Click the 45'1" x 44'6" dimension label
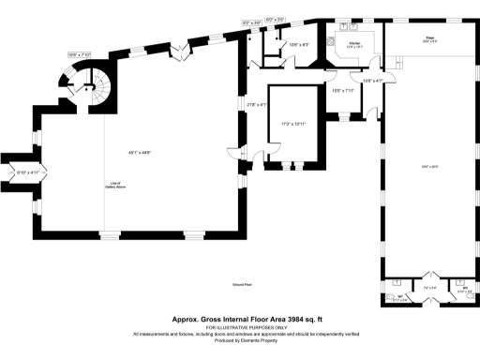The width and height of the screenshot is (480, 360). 142,152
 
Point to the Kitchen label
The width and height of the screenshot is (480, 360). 354,43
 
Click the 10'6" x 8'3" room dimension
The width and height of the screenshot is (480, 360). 299,45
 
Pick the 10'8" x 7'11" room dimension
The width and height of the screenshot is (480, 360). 342,91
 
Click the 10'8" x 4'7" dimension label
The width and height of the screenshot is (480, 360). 371,81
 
